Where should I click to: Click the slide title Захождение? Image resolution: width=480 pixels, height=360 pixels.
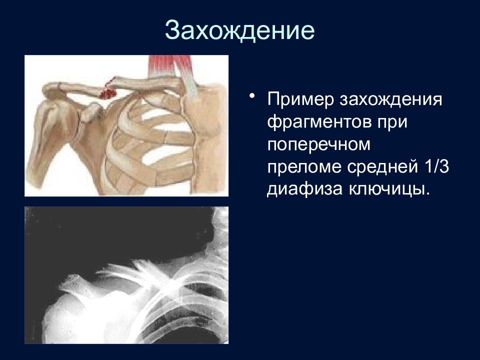click(x=239, y=30)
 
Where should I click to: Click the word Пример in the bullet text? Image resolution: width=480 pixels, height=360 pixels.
click(x=300, y=99)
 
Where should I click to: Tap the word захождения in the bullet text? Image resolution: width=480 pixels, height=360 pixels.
click(x=390, y=99)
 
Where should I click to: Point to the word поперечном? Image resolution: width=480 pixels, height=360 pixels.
click(x=319, y=144)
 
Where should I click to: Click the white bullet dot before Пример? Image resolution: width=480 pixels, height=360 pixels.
click(x=252, y=95)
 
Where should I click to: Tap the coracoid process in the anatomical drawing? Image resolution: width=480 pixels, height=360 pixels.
click(x=91, y=111)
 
